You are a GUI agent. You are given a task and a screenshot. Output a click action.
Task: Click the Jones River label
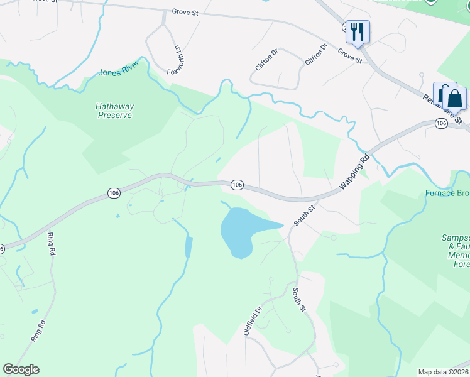point(118,72)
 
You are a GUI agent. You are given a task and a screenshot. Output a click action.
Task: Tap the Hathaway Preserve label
point(114,111)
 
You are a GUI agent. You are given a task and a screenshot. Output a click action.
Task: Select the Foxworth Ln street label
point(178,58)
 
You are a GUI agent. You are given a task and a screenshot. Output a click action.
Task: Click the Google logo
point(21,369)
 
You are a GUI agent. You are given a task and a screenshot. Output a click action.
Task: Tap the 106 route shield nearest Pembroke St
point(440,124)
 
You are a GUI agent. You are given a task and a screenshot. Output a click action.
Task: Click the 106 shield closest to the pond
point(236,185)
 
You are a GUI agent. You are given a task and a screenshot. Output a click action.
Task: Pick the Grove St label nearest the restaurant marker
point(349,56)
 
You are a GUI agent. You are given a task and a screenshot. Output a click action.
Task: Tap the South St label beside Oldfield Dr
point(299,300)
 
